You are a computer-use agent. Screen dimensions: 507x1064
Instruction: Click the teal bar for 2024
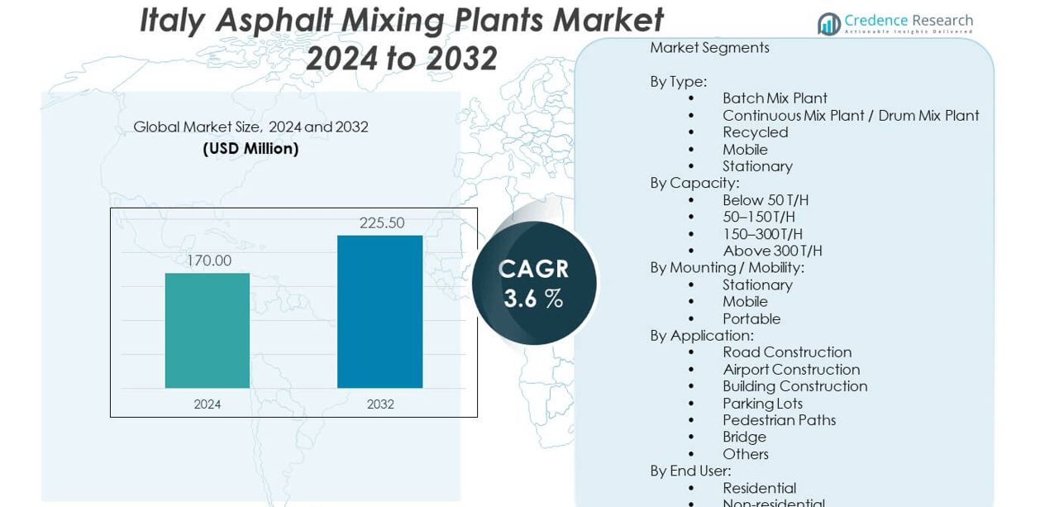tap(208, 330)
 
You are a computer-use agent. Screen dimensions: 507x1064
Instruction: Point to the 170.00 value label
tap(208, 261)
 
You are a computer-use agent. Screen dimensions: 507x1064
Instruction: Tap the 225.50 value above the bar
tap(382, 222)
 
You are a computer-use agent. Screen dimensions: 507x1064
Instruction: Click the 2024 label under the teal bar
tap(208, 404)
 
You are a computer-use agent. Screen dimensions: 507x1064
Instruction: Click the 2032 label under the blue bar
tap(380, 404)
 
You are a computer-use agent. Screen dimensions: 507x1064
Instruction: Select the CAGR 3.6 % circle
tap(534, 283)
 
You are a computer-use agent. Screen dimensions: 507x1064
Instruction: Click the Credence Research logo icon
tap(828, 24)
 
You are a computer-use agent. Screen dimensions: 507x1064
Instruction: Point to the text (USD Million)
tap(250, 149)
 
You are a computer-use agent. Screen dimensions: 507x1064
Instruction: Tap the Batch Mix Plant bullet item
tap(775, 98)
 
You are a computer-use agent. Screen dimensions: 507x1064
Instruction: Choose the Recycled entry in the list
tap(755, 132)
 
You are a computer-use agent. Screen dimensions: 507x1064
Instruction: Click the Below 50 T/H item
tap(765, 200)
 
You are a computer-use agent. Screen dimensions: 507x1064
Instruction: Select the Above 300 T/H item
tap(772, 251)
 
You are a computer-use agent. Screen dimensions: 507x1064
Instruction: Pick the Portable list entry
tap(751, 318)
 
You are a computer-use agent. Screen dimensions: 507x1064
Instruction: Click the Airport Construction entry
tap(791, 370)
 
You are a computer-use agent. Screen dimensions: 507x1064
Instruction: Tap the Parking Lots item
tap(762, 404)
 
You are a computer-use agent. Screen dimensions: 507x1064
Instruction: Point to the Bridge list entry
tap(744, 437)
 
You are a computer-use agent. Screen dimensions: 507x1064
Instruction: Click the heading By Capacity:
tap(694, 183)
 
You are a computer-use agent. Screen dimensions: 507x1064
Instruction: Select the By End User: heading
tap(690, 471)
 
